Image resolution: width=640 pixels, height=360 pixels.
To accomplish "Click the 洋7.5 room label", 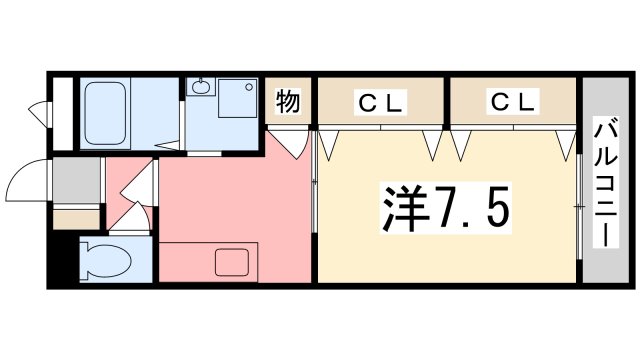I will point(446,206).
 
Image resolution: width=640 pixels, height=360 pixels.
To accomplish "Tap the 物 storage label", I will point(288,101).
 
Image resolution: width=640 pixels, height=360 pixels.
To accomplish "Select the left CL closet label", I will point(380,101).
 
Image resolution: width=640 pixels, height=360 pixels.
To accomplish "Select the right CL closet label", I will point(512,101).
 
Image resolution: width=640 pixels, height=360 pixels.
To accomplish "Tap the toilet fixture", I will point(106,262).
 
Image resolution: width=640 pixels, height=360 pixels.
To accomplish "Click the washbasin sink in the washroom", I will point(200,88).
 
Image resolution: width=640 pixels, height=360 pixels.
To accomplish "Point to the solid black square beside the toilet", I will point(62,262).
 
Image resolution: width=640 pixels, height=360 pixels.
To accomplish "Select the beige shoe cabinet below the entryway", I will point(76,217).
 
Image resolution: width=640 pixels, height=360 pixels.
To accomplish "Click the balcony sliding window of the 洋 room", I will point(578,205).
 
